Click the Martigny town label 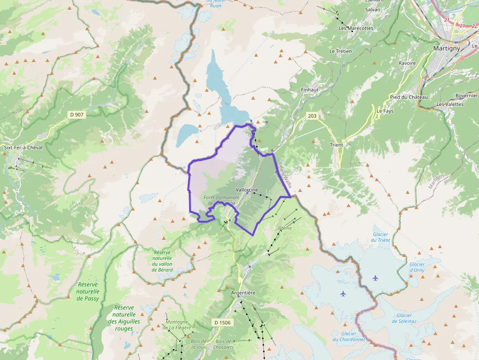coord(446,48)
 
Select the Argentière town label coord(243,293)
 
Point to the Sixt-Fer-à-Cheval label coord(23,147)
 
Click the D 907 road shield coord(77,115)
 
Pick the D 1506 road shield coord(222,322)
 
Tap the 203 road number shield coord(312,116)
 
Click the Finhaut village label coord(310,90)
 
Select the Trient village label coord(336,145)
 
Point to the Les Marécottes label coord(356,28)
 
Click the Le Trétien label coord(340,51)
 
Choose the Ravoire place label coord(407,63)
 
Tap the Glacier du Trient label coord(380,237)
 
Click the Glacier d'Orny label coord(416,267)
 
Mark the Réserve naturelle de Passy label coord(87,292)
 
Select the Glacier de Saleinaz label coord(404,318)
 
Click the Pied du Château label coord(409,97)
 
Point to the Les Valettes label coord(450,104)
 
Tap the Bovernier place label coord(466,95)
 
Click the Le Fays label coord(385,111)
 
